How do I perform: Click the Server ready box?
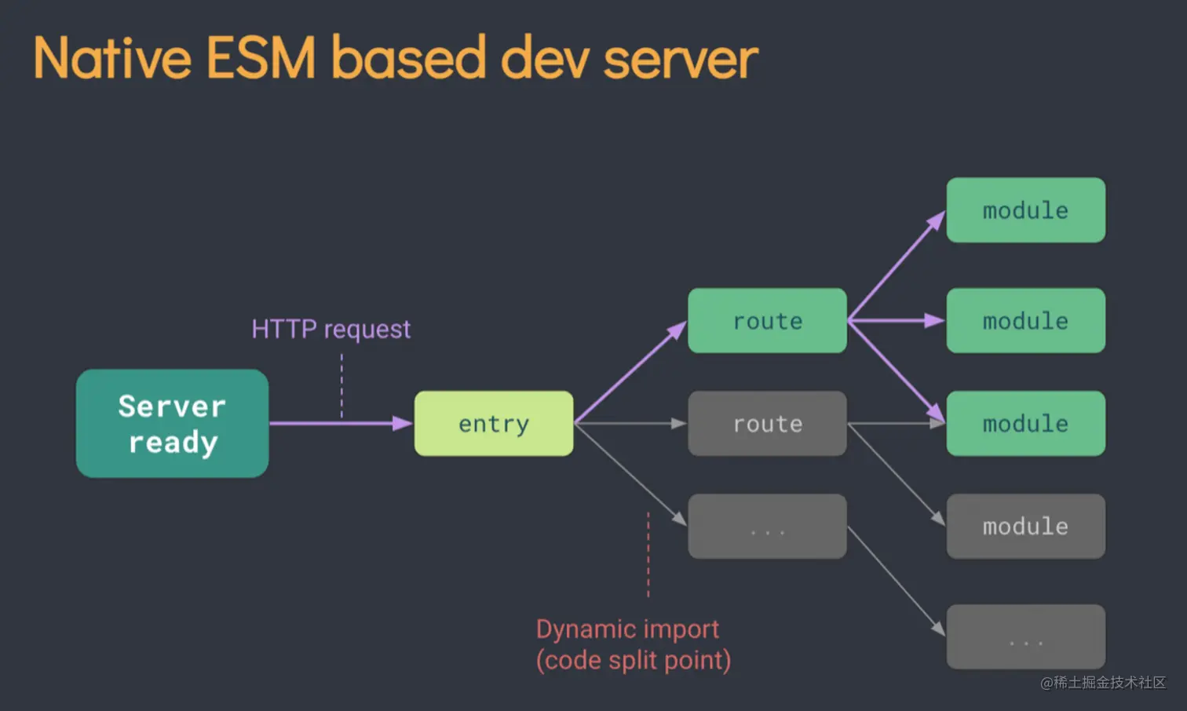point(172,424)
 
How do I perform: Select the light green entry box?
point(494,424)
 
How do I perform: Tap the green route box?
point(767,321)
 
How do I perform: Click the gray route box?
point(767,424)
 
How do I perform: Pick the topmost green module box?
point(1025,210)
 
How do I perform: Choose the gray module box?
point(1025,527)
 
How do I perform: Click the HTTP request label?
point(331,329)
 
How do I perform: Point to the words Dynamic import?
point(627,629)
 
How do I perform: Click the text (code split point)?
point(634,661)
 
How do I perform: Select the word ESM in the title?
point(261,58)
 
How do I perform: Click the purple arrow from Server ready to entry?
point(338,424)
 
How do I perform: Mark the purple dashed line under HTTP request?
point(341,385)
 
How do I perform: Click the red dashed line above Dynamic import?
point(648,553)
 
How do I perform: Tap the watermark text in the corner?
point(1103,683)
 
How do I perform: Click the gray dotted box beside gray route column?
point(767,527)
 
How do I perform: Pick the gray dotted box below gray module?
point(1025,636)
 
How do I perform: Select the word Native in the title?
point(112,58)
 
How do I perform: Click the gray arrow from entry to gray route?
point(628,424)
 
